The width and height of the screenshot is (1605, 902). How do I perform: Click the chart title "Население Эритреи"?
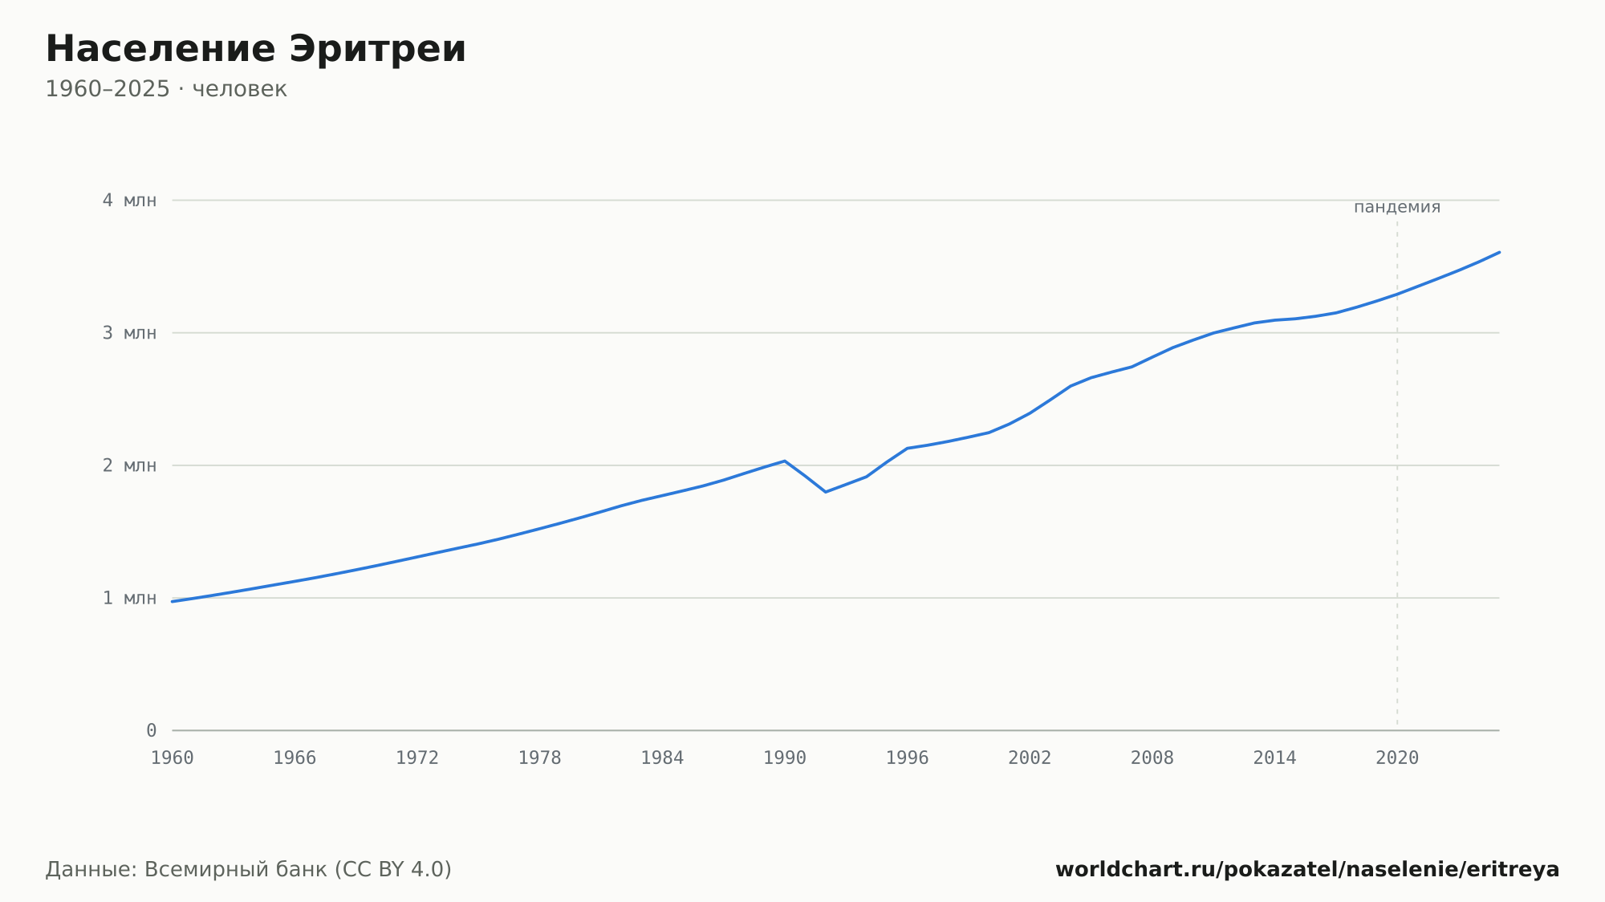256,49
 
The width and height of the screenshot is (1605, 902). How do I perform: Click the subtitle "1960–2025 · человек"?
166,89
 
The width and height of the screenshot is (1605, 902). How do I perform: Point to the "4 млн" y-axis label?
129,201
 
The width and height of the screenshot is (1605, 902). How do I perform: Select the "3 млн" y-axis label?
129,333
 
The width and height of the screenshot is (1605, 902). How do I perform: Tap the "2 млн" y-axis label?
129,465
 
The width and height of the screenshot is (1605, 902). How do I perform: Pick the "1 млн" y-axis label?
129,598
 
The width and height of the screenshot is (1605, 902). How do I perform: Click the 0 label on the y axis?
152,731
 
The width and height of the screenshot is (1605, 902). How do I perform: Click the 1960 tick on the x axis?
173,758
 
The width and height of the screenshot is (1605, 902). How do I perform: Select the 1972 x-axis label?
417,758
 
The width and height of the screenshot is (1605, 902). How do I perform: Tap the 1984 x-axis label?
662,758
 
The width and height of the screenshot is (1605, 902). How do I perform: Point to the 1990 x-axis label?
785,758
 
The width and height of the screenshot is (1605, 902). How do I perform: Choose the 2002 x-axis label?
1030,758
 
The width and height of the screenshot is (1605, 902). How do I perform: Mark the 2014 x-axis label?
1274,758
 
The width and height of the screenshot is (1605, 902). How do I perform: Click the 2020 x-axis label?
1397,758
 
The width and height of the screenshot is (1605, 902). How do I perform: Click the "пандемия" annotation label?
1397,207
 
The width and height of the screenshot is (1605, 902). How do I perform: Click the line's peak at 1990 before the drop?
785,461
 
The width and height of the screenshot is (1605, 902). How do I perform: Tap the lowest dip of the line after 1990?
826,492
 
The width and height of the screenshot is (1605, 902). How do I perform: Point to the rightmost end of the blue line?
1499,252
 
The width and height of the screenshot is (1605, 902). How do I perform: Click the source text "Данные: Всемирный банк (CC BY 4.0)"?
249,870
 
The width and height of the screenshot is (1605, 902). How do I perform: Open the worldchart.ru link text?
1307,870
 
